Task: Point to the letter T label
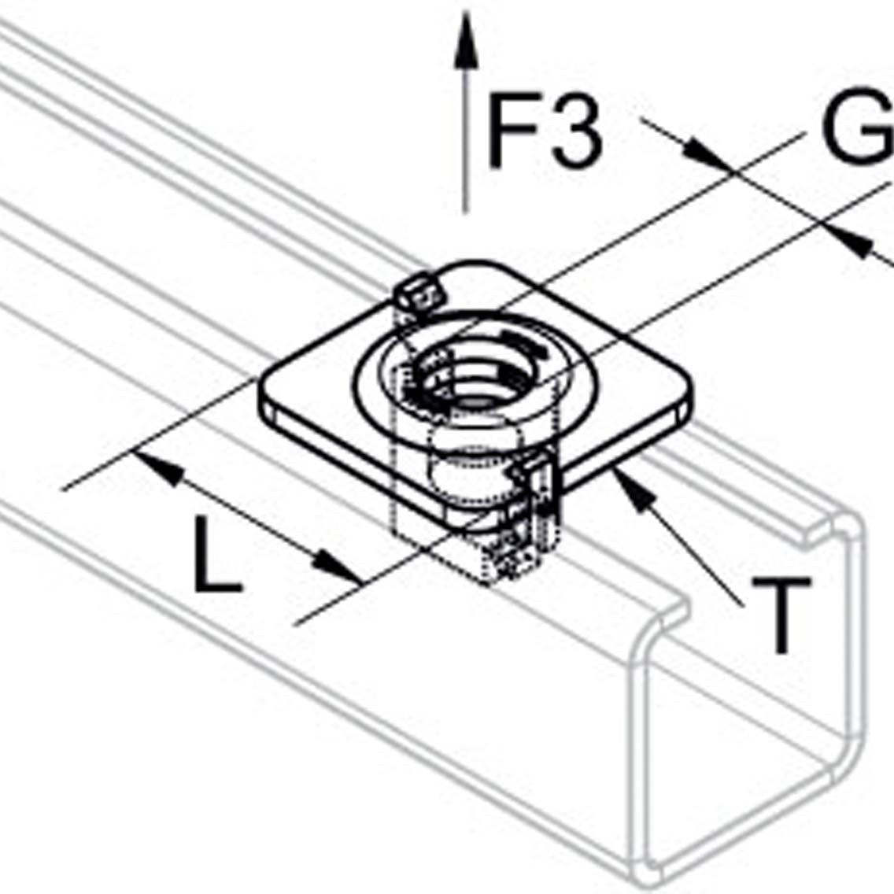pos(781,615)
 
